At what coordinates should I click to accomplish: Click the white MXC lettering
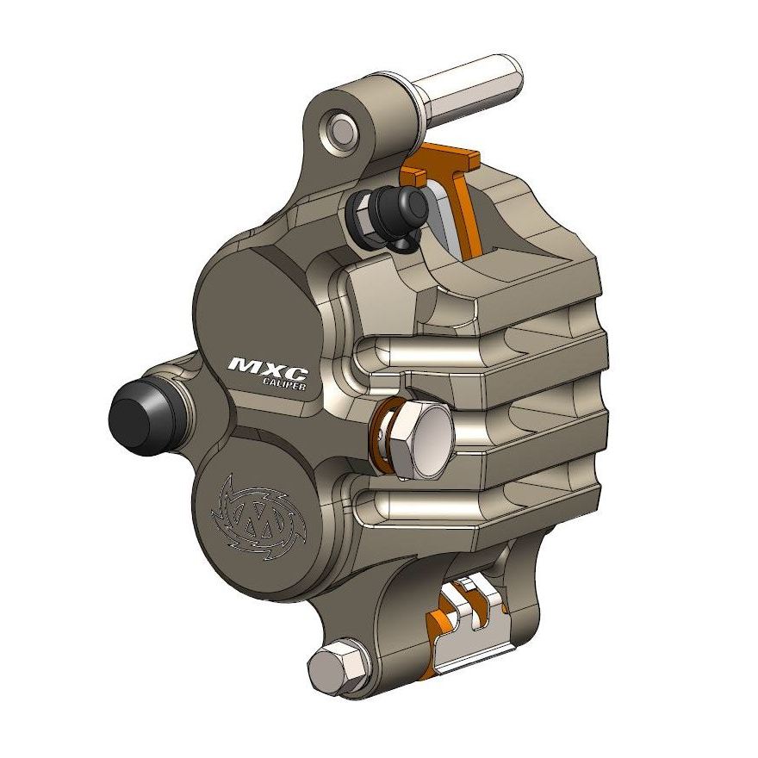pos(266,366)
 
